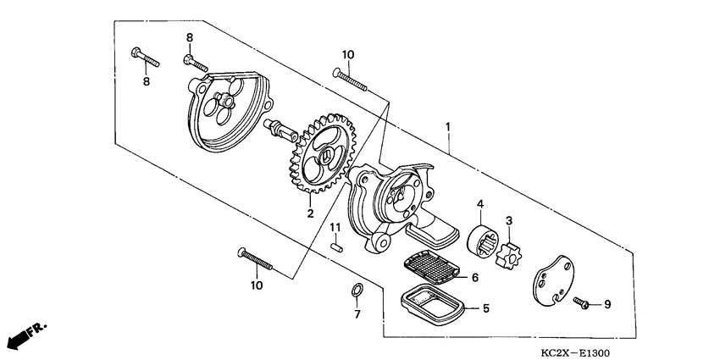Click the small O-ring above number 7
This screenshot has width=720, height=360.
(x=357, y=294)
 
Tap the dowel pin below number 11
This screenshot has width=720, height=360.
(x=336, y=248)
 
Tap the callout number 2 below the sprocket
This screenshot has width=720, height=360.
(x=311, y=213)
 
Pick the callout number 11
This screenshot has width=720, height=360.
(x=335, y=228)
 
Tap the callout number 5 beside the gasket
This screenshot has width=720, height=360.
(x=485, y=308)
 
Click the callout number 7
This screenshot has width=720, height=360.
(x=357, y=314)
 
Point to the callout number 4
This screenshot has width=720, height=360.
(x=479, y=203)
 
